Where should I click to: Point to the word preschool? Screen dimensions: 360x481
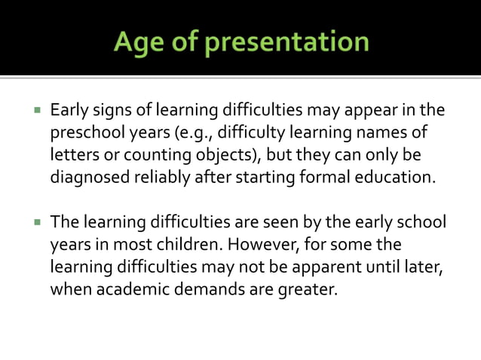click(x=84, y=133)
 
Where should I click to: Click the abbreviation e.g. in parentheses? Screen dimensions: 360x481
click(x=193, y=133)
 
